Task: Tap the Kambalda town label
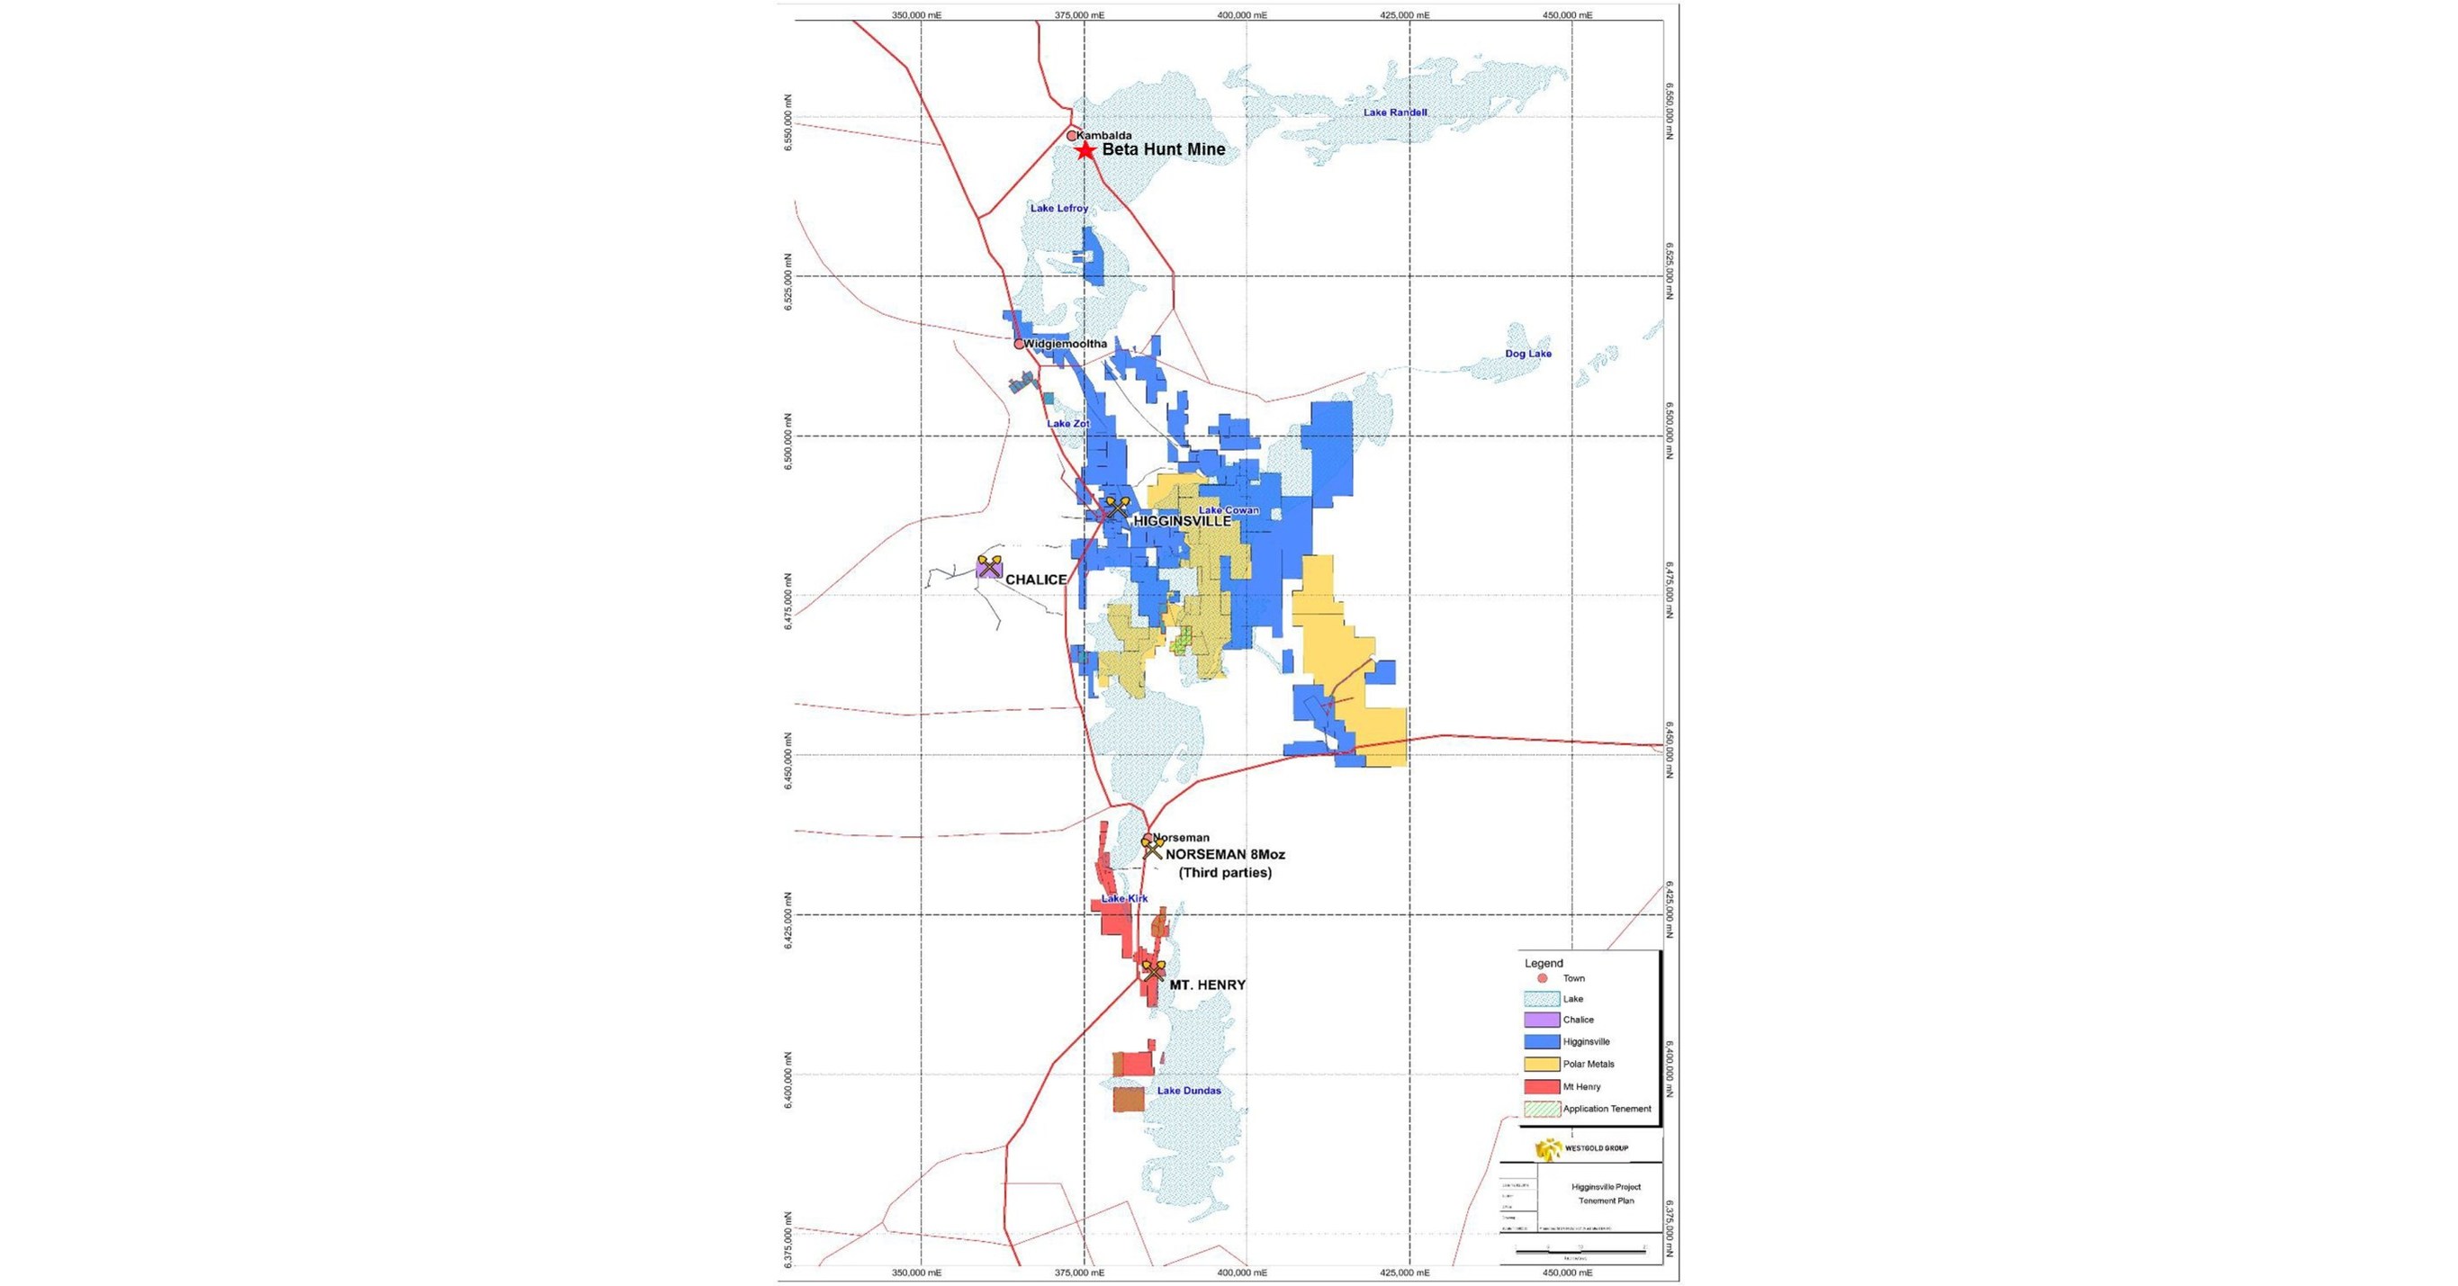point(1104,136)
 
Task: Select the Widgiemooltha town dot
point(1019,344)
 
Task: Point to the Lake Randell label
point(1395,112)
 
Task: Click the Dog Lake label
point(1527,354)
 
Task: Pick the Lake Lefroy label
point(1059,208)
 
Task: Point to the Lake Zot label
point(1067,424)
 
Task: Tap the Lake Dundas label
point(1189,1091)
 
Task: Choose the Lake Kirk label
point(1124,899)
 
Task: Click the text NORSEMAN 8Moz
point(1225,855)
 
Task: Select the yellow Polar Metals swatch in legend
point(1542,1065)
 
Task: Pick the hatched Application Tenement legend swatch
point(1542,1110)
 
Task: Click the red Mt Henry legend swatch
point(1542,1086)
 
